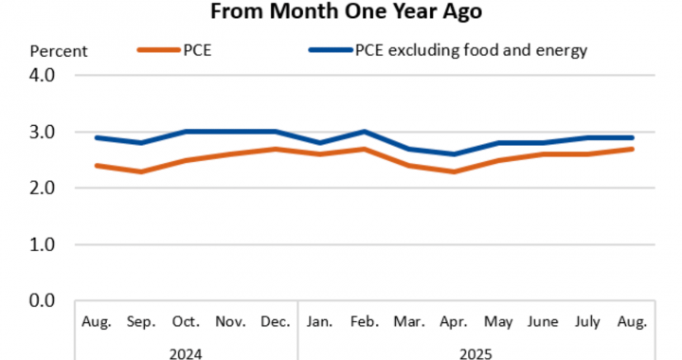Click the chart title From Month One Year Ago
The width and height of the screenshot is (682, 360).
pyautogui.click(x=341, y=11)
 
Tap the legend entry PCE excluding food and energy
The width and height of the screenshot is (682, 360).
pyautogui.click(x=471, y=50)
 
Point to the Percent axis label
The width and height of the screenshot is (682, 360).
pyautogui.click(x=59, y=51)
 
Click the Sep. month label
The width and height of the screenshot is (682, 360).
pyautogui.click(x=141, y=322)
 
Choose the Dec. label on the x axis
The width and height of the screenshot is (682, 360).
pyautogui.click(x=276, y=322)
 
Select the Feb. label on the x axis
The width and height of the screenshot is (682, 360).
pyautogui.click(x=365, y=322)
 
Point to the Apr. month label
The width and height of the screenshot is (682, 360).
pyautogui.click(x=454, y=322)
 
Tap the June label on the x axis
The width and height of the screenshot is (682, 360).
pyautogui.click(x=544, y=322)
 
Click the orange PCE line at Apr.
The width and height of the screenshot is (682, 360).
pyautogui.click(x=454, y=171)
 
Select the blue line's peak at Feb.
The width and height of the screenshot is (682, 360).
pyautogui.click(x=365, y=132)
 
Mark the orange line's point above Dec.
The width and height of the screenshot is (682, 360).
pyautogui.click(x=276, y=149)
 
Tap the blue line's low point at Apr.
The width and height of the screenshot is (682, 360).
pyautogui.click(x=454, y=154)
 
